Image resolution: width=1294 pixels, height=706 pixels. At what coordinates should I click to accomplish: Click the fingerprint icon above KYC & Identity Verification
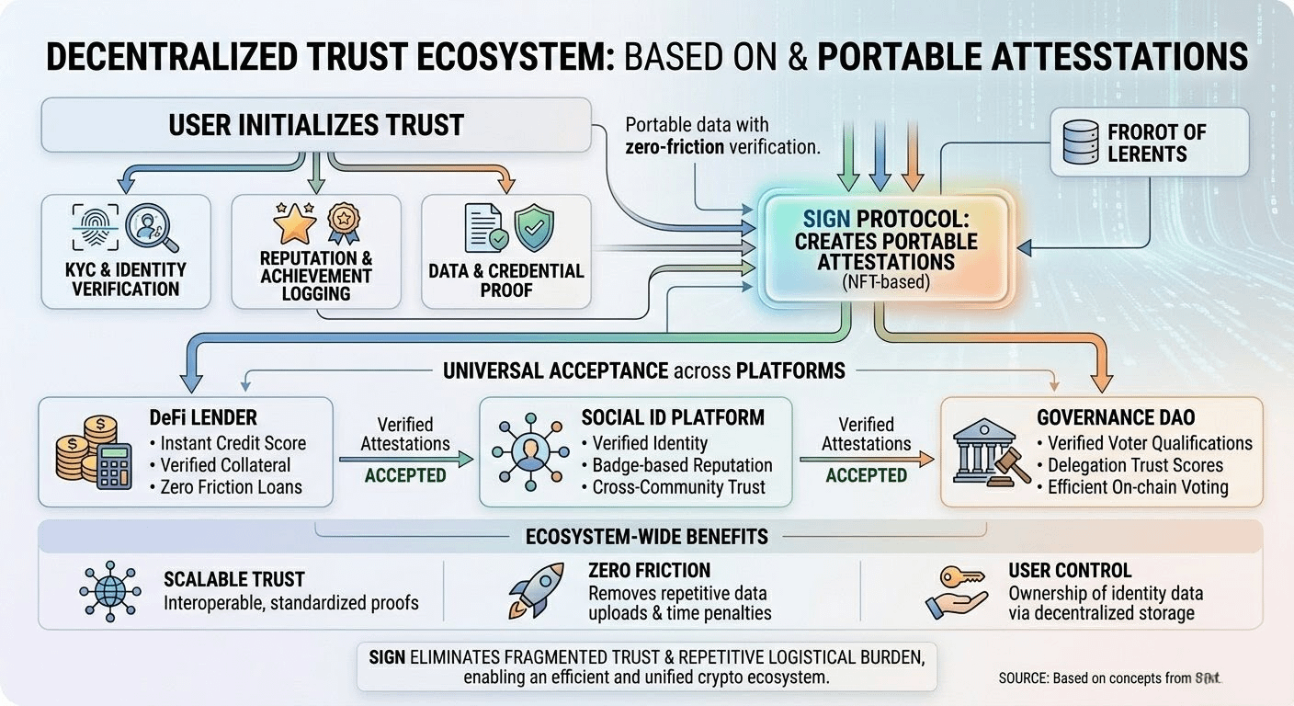(x=91, y=228)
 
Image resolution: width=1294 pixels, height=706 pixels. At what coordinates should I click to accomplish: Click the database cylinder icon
(x=1082, y=142)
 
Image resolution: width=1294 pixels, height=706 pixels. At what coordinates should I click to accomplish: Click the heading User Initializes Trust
(x=315, y=125)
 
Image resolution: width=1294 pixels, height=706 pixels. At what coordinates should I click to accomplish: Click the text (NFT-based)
(x=887, y=282)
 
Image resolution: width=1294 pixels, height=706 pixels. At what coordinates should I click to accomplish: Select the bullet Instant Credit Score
(x=233, y=442)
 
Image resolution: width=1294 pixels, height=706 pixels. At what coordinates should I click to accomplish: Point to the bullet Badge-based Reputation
(x=682, y=465)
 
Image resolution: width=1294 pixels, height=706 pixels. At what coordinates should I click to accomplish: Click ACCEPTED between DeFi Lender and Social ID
(x=405, y=475)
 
